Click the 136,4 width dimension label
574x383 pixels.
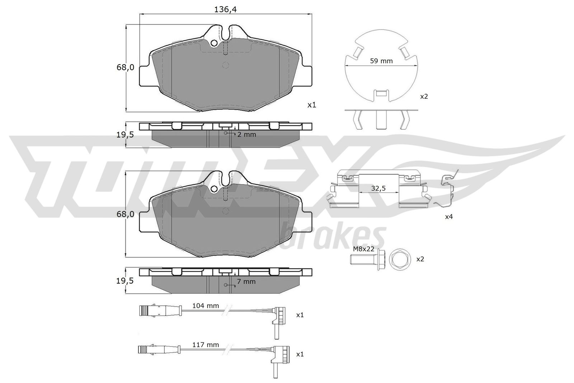tap(225, 9)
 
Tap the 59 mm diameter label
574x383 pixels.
tap(381, 61)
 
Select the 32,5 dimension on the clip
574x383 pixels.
tap(378, 188)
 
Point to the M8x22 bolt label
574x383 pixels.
tap(364, 249)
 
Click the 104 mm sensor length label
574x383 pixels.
tap(206, 305)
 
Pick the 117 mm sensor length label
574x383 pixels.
tap(206, 345)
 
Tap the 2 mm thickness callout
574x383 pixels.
tap(246, 134)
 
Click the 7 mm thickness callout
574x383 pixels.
tap(246, 281)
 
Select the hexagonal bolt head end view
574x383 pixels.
tap(400, 259)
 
